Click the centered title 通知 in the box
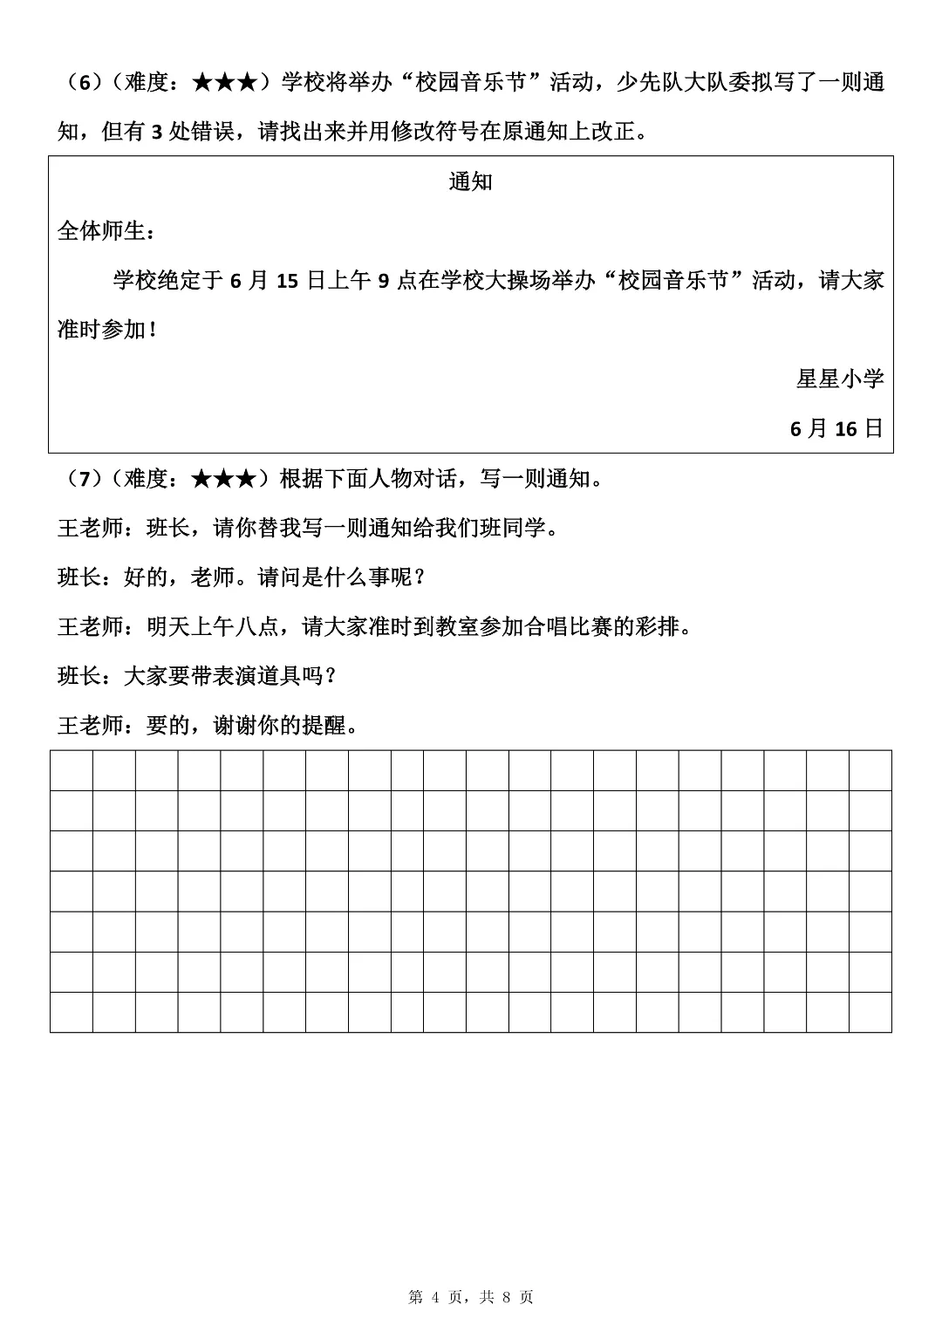coord(471,181)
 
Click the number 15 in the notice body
coord(289,281)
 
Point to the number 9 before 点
coord(382,281)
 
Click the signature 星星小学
coord(840,379)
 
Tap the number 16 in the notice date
coord(846,428)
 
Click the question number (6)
coord(84,83)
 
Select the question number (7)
coord(84,479)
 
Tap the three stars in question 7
coord(223,479)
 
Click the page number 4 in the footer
coord(437,1298)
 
